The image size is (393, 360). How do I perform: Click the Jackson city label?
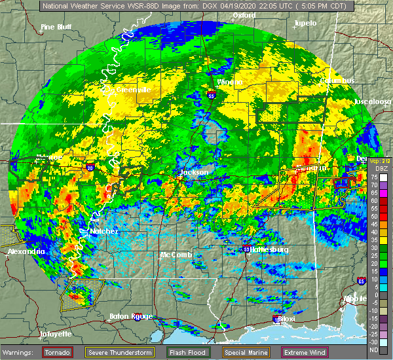195,172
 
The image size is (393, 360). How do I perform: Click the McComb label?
176,255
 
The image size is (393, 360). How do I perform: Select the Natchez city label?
86,232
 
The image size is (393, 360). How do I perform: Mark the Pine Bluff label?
56,27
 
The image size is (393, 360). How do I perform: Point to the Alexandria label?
26,251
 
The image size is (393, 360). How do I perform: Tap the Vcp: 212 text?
380,161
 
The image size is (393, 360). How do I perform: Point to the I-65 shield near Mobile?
362,280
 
